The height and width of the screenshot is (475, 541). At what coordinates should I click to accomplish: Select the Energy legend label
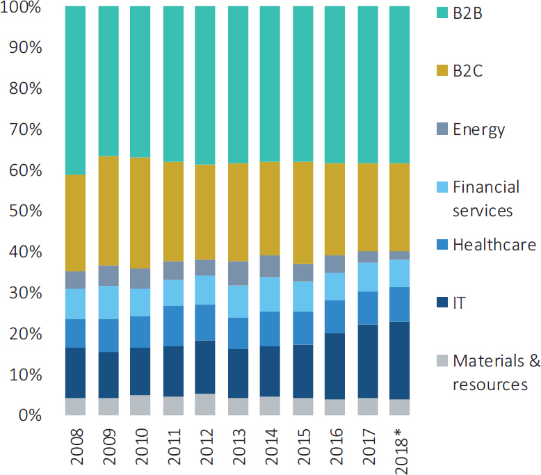478,129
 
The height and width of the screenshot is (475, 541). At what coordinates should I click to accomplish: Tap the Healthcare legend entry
494,245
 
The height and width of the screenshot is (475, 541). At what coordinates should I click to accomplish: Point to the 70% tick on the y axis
25,129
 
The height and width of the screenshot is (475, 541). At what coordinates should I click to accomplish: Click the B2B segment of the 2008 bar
75,90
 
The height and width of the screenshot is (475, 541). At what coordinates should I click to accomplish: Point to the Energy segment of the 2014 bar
270,266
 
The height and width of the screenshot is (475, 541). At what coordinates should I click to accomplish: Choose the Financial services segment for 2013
238,301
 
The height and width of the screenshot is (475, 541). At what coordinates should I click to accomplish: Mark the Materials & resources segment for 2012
205,405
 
